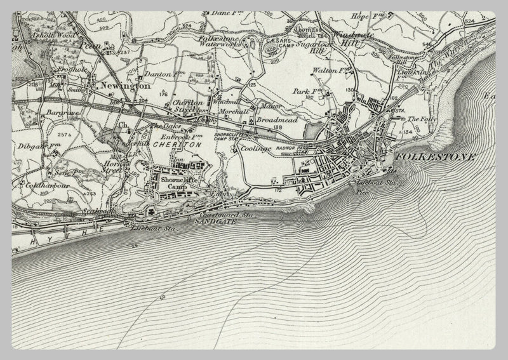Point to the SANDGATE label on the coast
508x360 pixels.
point(211,223)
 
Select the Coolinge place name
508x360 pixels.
point(256,149)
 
